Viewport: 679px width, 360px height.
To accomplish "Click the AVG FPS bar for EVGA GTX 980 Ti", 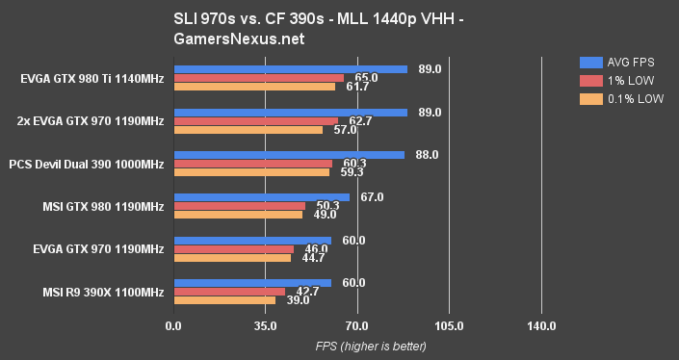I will click(290, 69).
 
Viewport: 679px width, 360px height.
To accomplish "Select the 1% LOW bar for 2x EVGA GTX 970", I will click(255, 121).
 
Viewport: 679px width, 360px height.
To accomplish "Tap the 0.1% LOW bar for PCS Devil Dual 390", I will click(250, 172).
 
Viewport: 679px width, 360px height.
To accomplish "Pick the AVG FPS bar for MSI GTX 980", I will click(261, 197).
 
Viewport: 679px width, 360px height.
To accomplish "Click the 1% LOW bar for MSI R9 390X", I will click(229, 292).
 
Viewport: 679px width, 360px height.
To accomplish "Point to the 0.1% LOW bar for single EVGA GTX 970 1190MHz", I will click(232, 258).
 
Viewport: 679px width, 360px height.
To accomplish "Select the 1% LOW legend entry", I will click(613, 79).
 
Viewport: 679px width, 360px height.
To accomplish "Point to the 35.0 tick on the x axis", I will click(265, 327).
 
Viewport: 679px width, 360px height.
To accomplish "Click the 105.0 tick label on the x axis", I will click(449, 327).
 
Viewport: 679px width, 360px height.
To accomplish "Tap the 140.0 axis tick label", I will click(541, 327).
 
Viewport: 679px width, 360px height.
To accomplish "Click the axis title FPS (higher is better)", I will click(358, 346).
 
